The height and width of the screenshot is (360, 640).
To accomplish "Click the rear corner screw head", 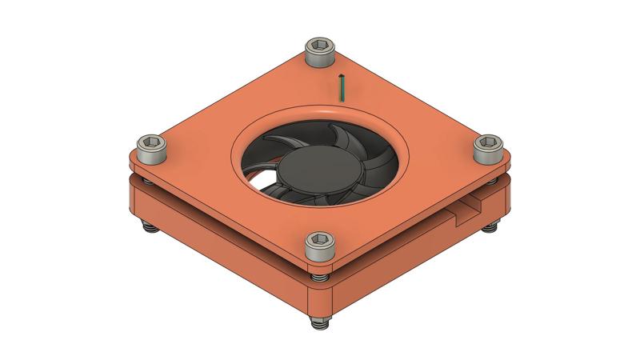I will coord(320,50).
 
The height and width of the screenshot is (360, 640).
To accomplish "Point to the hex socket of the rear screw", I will coord(320,45).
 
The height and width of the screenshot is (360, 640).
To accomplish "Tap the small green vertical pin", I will coord(342,88).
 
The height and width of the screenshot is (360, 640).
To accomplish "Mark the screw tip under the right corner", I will coord(490,229).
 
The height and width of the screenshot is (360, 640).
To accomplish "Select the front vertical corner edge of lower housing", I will coord(320,300).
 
